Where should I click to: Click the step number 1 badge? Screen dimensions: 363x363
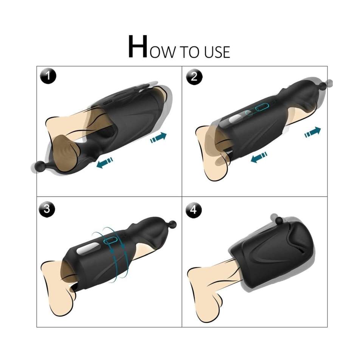[48, 76]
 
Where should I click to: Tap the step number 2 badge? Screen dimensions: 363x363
[194, 77]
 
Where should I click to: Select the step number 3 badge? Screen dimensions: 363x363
[47, 209]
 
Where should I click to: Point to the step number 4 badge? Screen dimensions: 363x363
[194, 210]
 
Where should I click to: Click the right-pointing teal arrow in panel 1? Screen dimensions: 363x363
[158, 138]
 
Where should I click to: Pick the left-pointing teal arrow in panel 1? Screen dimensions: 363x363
[105, 163]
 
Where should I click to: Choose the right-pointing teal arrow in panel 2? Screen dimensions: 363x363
[313, 132]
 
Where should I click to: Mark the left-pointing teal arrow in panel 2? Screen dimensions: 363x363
[259, 157]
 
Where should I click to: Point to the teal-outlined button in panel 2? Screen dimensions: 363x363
[262, 107]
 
